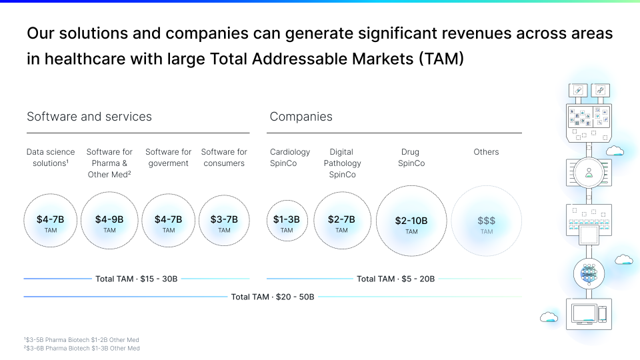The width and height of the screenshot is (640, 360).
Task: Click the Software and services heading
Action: pos(89,117)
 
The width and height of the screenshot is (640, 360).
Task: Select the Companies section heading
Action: pos(301,117)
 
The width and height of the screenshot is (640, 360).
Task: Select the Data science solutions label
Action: pos(51,157)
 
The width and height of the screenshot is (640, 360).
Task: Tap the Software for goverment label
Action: pos(169,157)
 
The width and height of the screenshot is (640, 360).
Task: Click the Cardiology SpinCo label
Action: pos(290,157)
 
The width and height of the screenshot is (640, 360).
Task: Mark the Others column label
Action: pos(486,152)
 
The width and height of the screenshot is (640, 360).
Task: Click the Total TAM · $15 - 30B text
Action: pos(137,279)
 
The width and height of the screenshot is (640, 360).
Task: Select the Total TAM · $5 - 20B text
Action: pos(395,279)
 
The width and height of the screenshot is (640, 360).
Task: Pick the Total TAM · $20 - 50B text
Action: pos(273,296)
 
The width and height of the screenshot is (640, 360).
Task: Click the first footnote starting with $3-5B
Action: pos(82,340)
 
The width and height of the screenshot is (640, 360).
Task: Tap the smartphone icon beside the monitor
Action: pos(602,314)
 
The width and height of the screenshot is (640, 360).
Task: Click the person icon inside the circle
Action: pos(589,173)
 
